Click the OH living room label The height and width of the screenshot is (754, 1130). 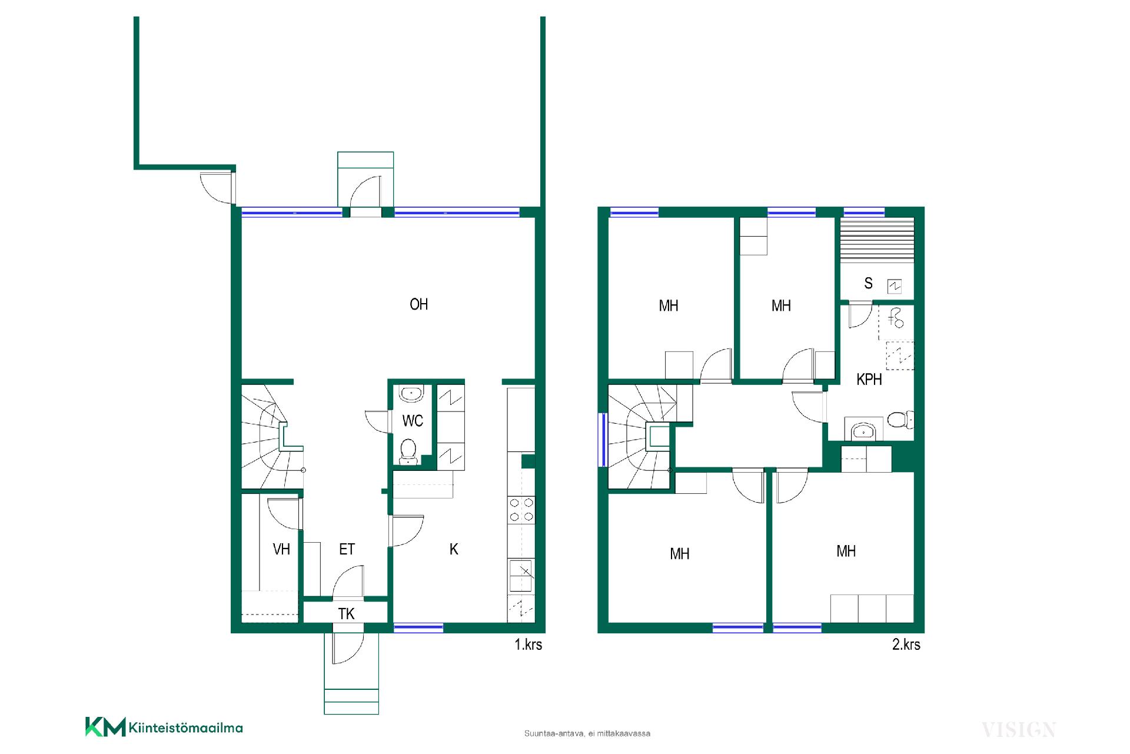[418, 304]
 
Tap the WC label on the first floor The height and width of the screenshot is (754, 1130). [413, 421]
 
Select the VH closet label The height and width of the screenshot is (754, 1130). [281, 549]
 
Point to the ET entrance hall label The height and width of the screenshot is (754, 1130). [347, 549]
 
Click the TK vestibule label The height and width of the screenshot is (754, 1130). [346, 614]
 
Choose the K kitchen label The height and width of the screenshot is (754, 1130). [454, 549]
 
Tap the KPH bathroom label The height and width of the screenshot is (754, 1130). [869, 380]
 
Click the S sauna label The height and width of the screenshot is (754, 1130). [868, 283]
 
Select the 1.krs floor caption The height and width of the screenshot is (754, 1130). [528, 645]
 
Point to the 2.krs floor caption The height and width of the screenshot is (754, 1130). [906, 645]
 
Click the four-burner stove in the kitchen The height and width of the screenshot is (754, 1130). [521, 510]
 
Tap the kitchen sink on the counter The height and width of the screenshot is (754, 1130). [521, 575]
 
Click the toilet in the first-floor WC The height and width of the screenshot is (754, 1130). [408, 451]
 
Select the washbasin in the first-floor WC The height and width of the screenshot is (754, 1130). [410, 393]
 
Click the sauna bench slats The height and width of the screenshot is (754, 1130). [877, 239]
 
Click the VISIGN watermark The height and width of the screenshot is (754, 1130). [1019, 730]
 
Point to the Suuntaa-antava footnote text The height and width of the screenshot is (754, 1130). [587, 733]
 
